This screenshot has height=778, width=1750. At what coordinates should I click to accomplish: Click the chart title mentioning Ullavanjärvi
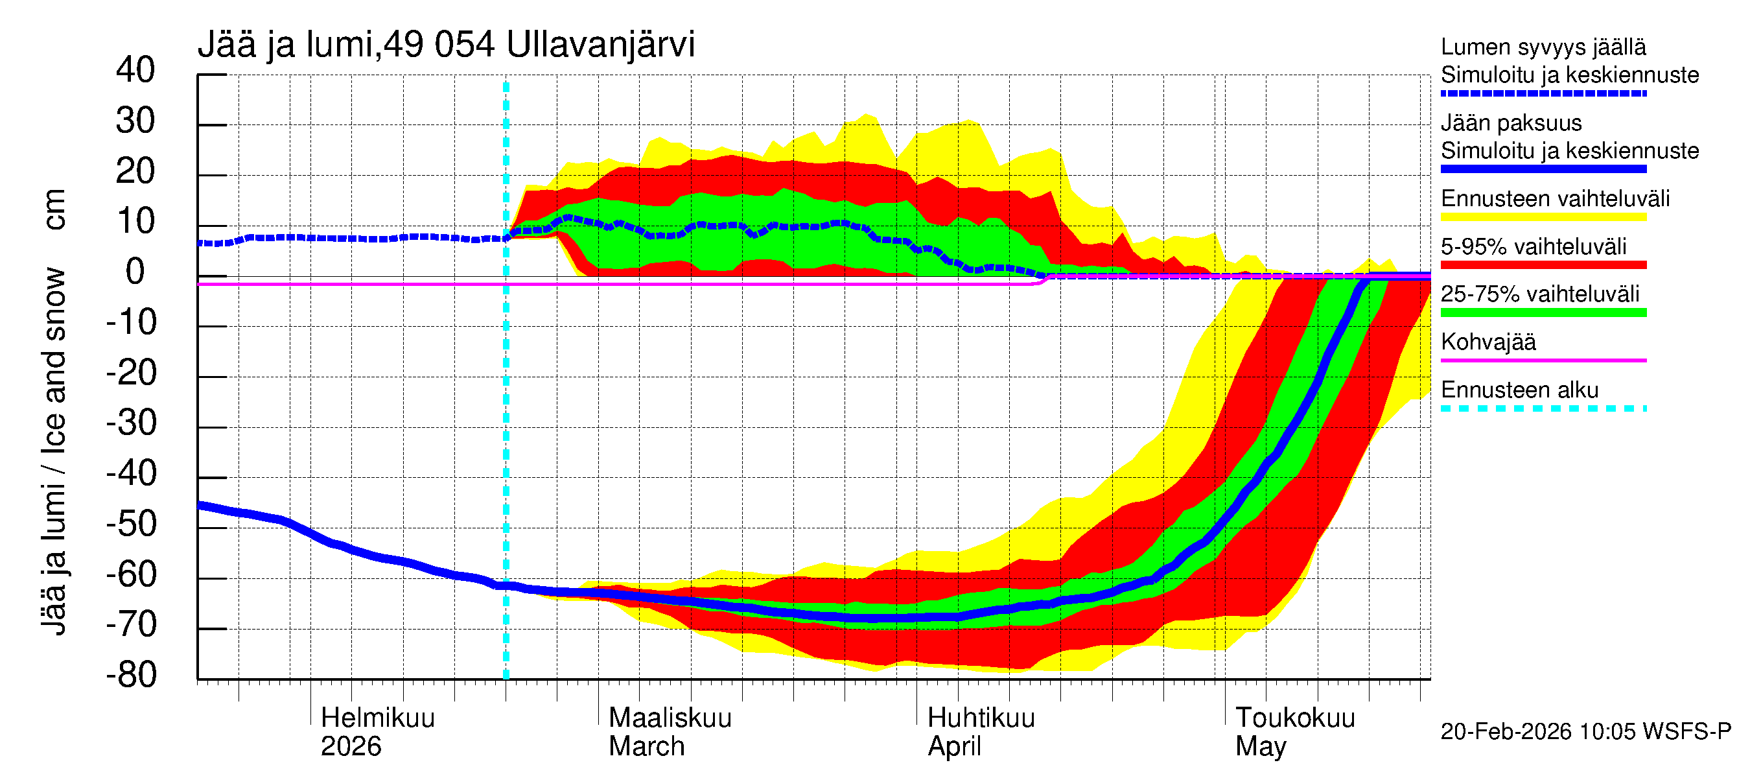click(x=446, y=45)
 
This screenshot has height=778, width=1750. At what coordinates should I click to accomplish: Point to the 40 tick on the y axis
click(x=135, y=70)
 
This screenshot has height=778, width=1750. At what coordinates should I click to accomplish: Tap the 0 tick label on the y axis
click(x=135, y=272)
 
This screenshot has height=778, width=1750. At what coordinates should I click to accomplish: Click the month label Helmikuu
click(x=377, y=718)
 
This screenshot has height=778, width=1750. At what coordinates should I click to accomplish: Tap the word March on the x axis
click(x=646, y=746)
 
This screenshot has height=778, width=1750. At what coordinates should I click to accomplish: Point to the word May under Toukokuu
click(x=1260, y=746)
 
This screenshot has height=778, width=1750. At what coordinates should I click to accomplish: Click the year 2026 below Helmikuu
click(x=351, y=746)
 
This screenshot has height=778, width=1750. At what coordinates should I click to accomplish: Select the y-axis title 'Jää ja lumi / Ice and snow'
click(x=54, y=452)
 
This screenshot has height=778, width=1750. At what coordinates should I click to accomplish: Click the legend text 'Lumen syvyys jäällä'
click(x=1543, y=47)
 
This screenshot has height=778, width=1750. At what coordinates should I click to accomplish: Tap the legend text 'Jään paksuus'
click(x=1511, y=123)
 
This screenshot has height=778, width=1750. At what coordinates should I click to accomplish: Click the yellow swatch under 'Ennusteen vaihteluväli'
click(x=1543, y=217)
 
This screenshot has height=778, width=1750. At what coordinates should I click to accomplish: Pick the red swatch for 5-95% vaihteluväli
click(x=1543, y=265)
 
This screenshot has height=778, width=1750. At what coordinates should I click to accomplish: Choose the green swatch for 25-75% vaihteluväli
click(x=1543, y=312)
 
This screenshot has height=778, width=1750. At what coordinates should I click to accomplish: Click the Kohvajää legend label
click(x=1487, y=342)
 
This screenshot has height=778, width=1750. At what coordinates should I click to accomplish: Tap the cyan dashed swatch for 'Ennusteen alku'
click(x=1543, y=408)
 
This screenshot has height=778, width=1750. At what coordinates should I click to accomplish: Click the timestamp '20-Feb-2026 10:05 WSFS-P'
click(x=1585, y=731)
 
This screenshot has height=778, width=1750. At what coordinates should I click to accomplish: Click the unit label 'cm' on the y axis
click(x=54, y=209)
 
